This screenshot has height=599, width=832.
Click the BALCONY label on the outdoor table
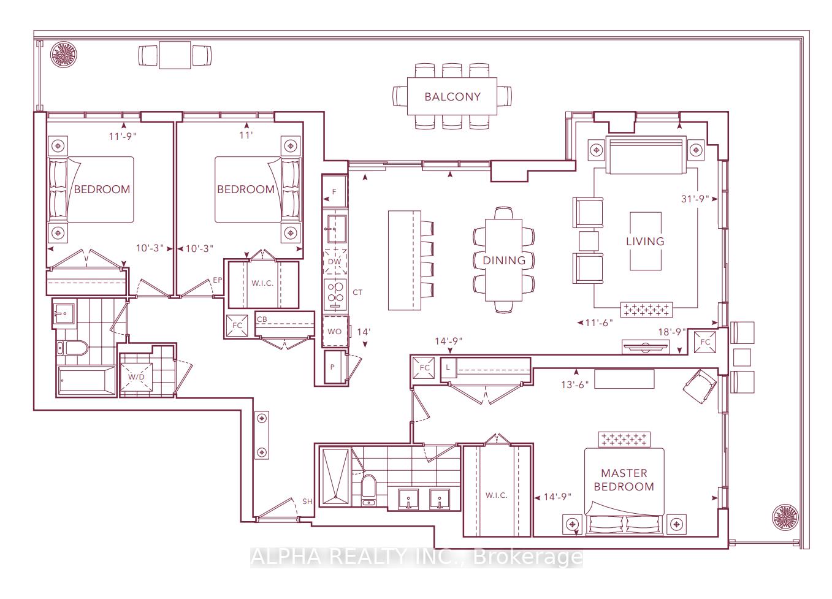[452, 97]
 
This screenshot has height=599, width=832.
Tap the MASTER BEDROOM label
[624, 480]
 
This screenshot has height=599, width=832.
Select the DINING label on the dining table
[504, 261]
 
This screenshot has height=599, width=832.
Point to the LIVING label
[645, 242]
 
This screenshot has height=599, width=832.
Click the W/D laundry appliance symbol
[136, 377]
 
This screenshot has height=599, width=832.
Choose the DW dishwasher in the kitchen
[335, 261]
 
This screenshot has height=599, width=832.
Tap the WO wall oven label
[335, 332]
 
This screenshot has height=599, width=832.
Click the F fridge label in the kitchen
[334, 192]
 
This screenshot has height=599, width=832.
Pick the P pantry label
[332, 367]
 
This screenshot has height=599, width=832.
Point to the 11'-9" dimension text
[123, 136]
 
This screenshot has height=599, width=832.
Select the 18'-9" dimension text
[672, 332]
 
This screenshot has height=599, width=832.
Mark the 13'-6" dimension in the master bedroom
[575, 384]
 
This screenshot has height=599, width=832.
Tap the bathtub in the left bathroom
[86, 381]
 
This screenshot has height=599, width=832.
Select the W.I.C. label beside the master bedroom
[496, 495]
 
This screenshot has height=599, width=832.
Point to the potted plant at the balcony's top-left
[64, 54]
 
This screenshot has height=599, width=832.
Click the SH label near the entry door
[308, 502]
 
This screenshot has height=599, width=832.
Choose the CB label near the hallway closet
[262, 319]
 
